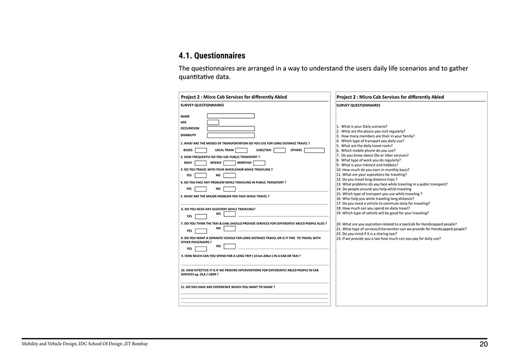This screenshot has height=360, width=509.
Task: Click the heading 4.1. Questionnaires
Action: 212,56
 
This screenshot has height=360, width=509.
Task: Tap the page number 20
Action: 484,344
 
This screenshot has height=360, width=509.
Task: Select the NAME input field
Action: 231,116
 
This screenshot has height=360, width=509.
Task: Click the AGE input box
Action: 213,122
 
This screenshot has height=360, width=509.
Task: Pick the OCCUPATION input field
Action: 231,129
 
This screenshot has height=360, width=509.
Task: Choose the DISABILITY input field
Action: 231,135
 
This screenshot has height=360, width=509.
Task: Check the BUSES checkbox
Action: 201,150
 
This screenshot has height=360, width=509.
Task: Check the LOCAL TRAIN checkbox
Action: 241,150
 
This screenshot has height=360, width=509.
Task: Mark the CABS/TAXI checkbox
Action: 279,150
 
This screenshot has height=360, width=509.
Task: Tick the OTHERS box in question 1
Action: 314,150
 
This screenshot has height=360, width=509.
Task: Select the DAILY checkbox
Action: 201,163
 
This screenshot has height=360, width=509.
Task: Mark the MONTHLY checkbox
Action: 259,163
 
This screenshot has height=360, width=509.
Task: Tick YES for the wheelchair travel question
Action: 201,176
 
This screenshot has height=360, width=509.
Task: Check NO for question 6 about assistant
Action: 230,214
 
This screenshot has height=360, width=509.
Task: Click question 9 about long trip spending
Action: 240,256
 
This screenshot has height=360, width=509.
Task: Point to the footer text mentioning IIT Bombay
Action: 85,344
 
